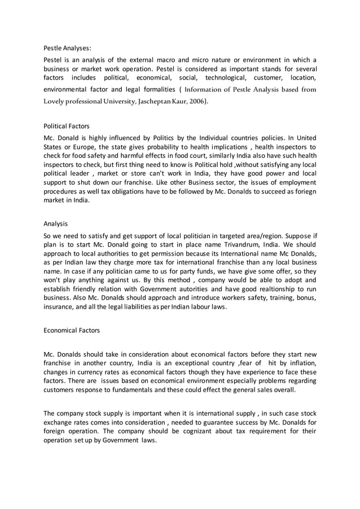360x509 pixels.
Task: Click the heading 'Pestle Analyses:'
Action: click(x=67, y=49)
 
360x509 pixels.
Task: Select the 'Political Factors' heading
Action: click(x=67, y=126)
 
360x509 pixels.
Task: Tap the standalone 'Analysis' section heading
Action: click(x=56, y=223)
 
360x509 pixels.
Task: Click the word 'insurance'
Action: click(x=59, y=306)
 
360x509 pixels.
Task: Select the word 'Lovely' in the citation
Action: click(x=56, y=102)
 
